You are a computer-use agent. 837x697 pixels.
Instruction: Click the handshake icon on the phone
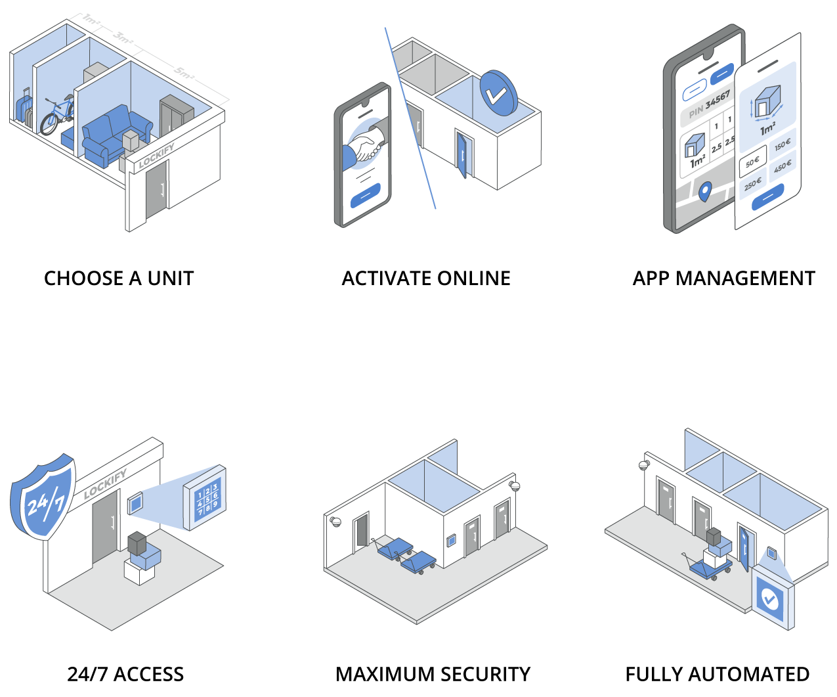coord(366,146)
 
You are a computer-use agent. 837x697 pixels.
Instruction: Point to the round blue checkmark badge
coord(498,93)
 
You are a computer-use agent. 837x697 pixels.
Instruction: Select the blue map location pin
coord(704,191)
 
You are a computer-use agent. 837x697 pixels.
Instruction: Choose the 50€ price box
coord(752,162)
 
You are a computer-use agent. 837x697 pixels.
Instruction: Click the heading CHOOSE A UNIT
coord(119,279)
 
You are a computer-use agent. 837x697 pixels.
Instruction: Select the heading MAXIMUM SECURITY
coord(433,675)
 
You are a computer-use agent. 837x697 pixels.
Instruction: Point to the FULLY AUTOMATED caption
coord(717,675)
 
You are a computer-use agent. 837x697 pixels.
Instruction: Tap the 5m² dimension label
coord(184,73)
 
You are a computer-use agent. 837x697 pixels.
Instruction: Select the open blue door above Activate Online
coord(464,155)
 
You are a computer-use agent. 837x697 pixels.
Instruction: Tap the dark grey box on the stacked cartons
coord(137,543)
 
